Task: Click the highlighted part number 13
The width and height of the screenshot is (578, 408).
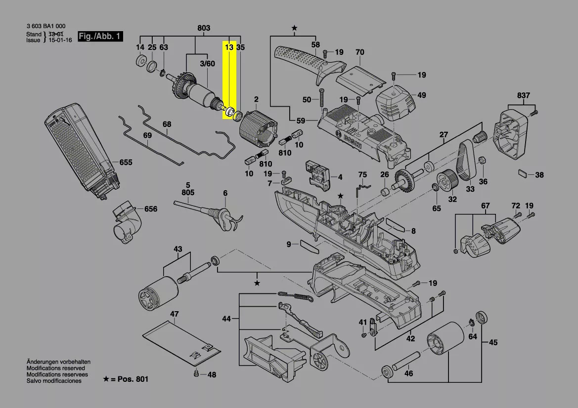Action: [x=229, y=47]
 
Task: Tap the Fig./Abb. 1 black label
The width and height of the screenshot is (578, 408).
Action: [x=100, y=37]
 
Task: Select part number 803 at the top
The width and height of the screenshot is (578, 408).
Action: [x=203, y=28]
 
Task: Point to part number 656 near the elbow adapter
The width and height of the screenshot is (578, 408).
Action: [x=150, y=209]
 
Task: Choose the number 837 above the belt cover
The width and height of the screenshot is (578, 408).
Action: [x=524, y=95]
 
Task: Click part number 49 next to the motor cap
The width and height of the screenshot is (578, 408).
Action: [x=421, y=95]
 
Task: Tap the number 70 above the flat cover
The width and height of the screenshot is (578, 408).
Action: [x=359, y=52]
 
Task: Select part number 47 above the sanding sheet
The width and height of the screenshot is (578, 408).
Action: [x=175, y=314]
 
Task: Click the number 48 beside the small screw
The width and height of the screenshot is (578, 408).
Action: [x=212, y=375]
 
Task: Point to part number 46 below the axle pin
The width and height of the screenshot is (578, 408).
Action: [x=408, y=373]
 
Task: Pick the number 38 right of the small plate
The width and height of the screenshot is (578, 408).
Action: [x=539, y=175]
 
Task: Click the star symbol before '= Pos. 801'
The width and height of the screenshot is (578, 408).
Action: [x=106, y=379]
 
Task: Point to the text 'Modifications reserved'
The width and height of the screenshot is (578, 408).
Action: [x=55, y=368]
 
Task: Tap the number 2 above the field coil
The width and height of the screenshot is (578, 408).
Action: [x=256, y=100]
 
